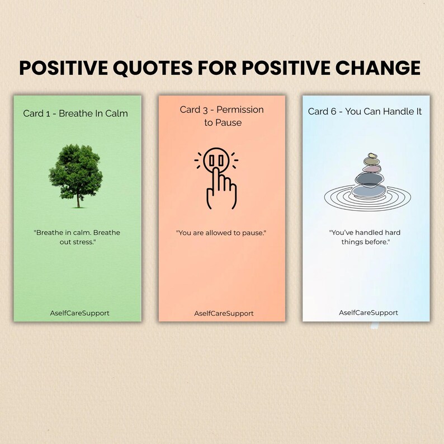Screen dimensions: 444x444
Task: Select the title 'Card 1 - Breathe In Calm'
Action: point(75,114)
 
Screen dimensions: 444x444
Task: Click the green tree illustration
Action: point(75,171)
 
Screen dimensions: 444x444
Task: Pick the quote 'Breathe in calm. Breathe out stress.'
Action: point(77,237)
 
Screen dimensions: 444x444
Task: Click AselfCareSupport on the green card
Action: point(79,313)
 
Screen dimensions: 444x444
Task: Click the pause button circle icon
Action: point(216,160)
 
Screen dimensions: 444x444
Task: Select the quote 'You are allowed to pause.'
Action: point(221,233)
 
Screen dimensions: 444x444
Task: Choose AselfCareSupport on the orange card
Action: point(224,313)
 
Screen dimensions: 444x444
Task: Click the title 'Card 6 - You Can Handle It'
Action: point(365,111)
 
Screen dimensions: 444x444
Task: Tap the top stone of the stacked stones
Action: point(370,156)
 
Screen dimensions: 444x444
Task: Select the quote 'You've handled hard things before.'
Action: point(365,237)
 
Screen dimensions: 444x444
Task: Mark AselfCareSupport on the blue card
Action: point(369,313)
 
